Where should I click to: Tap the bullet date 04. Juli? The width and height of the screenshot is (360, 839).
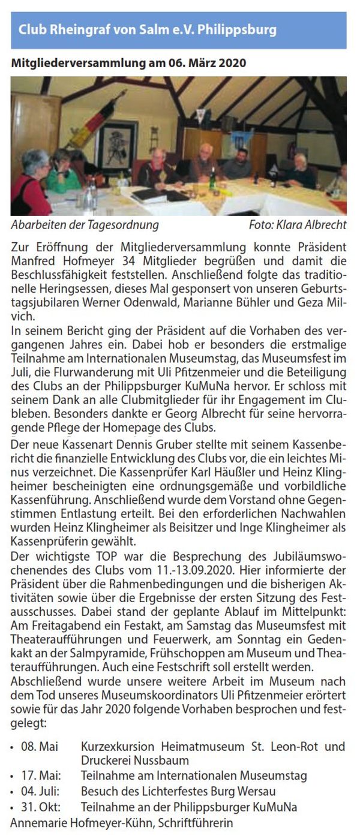[x=38, y=791]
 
